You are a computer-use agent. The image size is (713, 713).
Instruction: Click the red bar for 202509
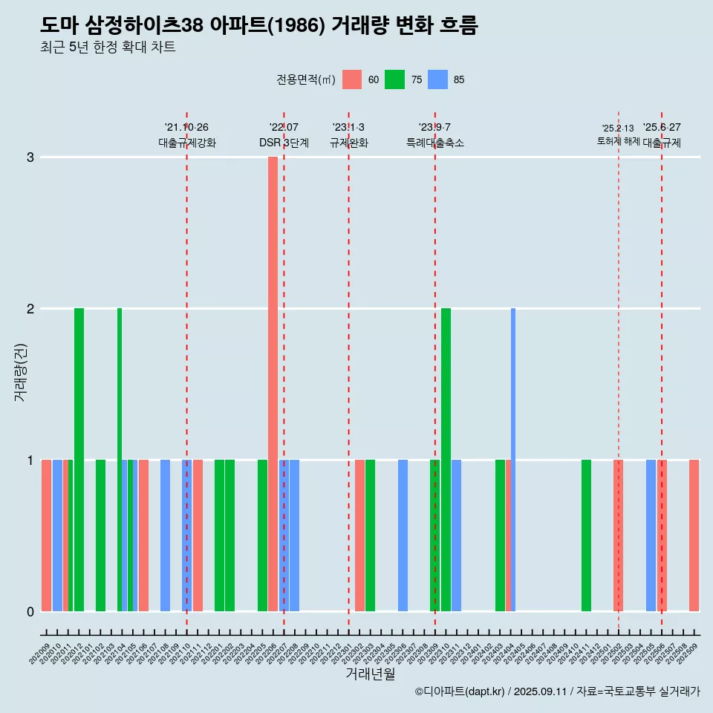coord(694,535)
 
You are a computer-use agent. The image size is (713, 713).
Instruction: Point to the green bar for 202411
coord(586,535)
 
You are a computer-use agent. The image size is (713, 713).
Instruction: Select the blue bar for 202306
coord(403,535)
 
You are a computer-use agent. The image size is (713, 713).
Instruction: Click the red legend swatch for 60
coord(352,79)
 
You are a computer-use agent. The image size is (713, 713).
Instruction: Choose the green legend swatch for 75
coord(394,79)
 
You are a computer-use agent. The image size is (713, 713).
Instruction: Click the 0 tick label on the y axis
coord(30,611)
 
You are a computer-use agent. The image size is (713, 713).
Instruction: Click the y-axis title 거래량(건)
coord(21,371)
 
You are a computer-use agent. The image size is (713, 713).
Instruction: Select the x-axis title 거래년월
coord(370,674)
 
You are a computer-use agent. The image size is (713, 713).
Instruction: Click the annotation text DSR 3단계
coord(284,143)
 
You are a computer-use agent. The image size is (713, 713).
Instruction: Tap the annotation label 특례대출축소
coord(435,143)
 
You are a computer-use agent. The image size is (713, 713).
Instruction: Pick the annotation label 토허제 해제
coord(618,141)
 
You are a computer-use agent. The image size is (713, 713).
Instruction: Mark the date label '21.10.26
coord(186,127)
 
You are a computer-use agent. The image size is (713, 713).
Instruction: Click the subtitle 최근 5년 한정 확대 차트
coord(108,48)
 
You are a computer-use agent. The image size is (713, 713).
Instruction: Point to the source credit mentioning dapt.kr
coord(557,691)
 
